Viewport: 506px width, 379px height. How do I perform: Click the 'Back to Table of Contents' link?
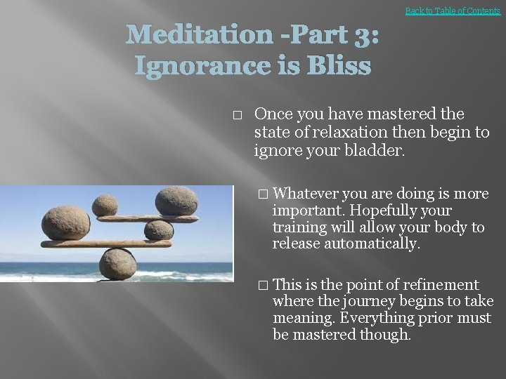coord(453,11)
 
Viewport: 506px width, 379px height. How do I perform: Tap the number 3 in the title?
coord(365,34)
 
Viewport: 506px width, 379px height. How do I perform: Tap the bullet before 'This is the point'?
coord(263,285)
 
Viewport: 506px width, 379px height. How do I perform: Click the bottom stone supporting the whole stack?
coord(117,264)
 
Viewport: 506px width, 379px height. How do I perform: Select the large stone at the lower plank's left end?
coord(65,223)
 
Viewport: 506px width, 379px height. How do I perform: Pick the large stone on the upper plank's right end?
coord(176,201)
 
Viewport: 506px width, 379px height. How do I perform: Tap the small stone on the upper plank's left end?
coord(105,205)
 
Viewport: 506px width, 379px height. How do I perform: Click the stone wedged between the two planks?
coord(159,230)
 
